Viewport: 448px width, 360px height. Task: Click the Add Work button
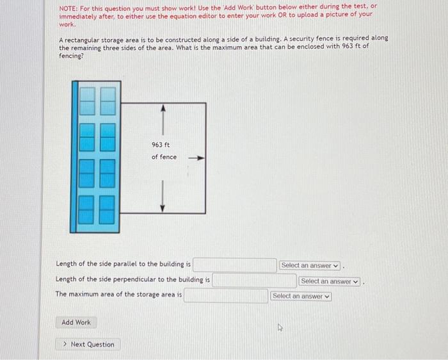click(x=76, y=322)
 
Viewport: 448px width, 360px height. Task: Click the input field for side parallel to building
click(x=235, y=265)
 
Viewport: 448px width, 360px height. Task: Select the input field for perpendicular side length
click(x=254, y=281)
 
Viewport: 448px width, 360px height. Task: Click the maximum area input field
click(x=226, y=296)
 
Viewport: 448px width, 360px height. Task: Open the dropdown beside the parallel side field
click(x=310, y=265)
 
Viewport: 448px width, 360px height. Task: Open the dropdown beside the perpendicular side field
click(x=330, y=281)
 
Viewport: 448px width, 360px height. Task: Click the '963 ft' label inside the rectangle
click(x=161, y=145)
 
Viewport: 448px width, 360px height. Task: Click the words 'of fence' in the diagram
click(x=164, y=157)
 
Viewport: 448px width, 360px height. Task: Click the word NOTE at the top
click(x=67, y=6)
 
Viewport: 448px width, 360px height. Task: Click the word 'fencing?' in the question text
click(x=71, y=56)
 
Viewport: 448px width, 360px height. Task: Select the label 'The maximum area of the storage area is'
click(x=118, y=295)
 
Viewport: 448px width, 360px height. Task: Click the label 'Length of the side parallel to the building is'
click(x=123, y=264)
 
